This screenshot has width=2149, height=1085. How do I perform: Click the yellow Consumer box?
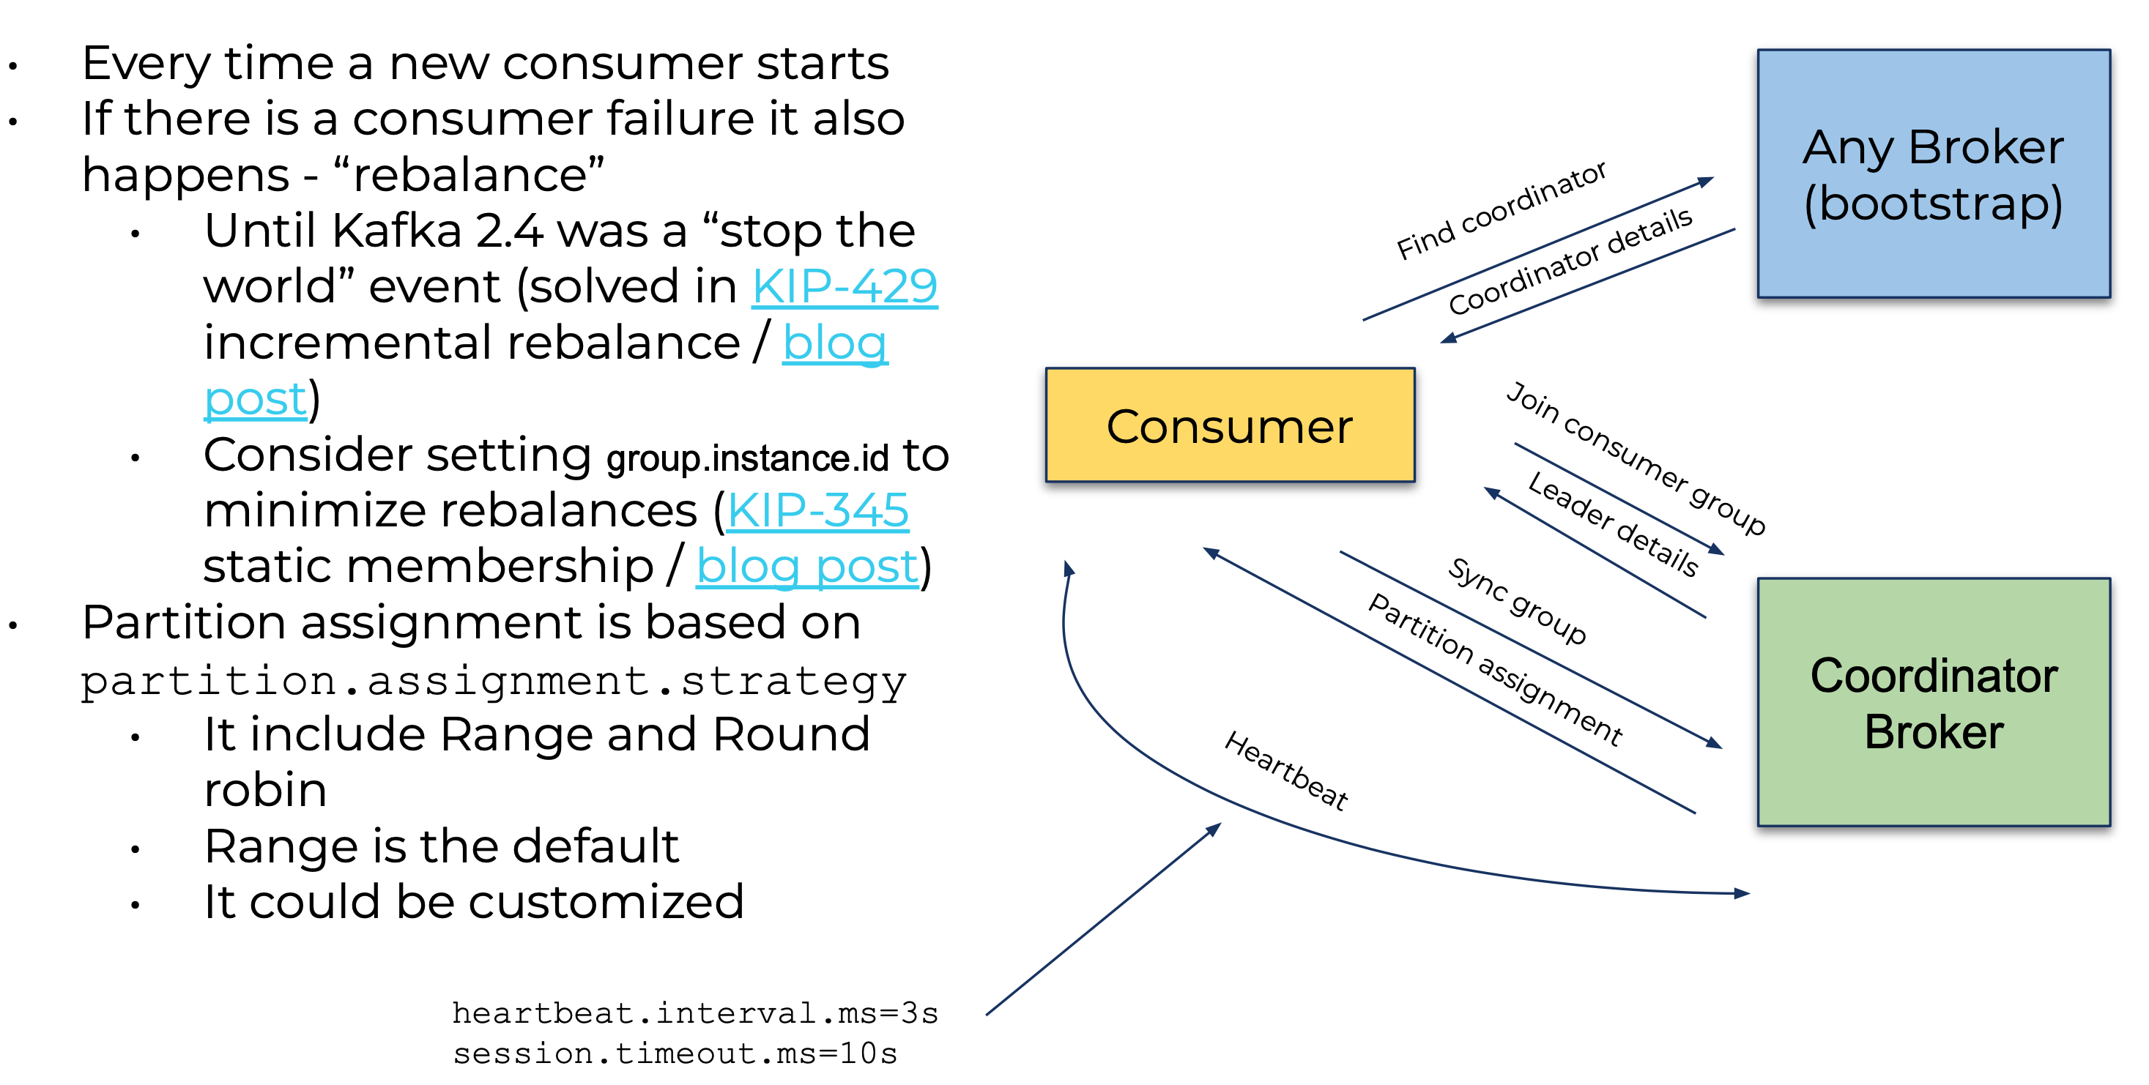pyautogui.click(x=1230, y=425)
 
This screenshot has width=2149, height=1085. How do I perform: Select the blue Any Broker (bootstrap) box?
pyautogui.click(x=1933, y=174)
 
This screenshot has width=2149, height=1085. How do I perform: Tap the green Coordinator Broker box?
pyautogui.click(x=1933, y=702)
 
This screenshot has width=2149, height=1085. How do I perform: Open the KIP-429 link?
pyautogui.click(x=845, y=287)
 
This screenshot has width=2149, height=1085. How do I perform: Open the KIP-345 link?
pyautogui.click(x=817, y=510)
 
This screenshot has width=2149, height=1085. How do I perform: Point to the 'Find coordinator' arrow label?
pyautogui.click(x=1501, y=210)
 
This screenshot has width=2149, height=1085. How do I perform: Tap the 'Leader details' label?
pyautogui.click(x=1613, y=523)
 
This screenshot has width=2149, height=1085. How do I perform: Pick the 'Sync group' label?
pyautogui.click(x=1517, y=600)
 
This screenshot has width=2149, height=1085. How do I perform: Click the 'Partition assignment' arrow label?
pyautogui.click(x=1495, y=669)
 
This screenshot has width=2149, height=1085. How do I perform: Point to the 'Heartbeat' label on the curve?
pyautogui.click(x=1285, y=771)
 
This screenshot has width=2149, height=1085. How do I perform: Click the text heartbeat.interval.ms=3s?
pyautogui.click(x=695, y=1013)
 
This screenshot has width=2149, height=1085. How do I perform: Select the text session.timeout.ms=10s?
pyautogui.click(x=675, y=1054)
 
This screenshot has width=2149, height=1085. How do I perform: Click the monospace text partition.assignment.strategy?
pyautogui.click(x=493, y=682)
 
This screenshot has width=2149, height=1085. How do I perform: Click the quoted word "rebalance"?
pyautogui.click(x=468, y=175)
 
